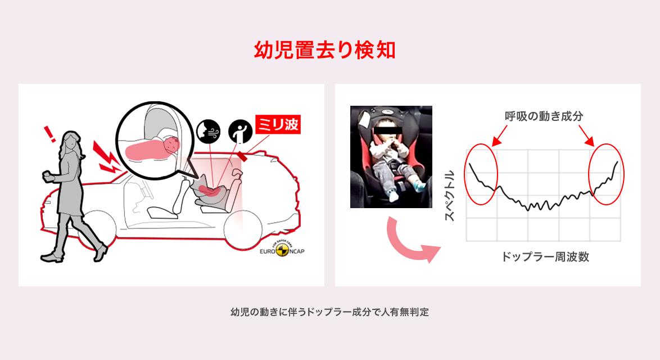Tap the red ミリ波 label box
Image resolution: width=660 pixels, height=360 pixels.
tap(278, 124)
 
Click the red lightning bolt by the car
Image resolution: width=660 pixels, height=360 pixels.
tap(106, 155)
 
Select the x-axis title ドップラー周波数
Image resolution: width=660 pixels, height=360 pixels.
tap(545, 257)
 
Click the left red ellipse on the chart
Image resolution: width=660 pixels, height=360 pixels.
tap(481, 174)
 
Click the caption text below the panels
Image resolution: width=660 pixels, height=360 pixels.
tap(329, 312)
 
